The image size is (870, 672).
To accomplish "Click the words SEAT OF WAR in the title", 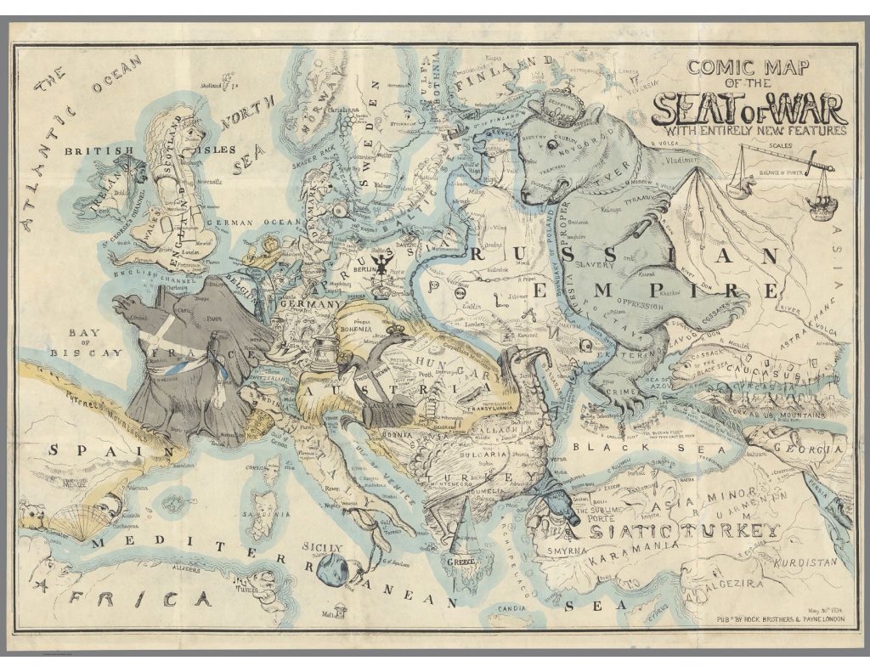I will pos(748,108).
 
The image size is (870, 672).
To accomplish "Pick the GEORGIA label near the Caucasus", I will pos(811,448).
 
